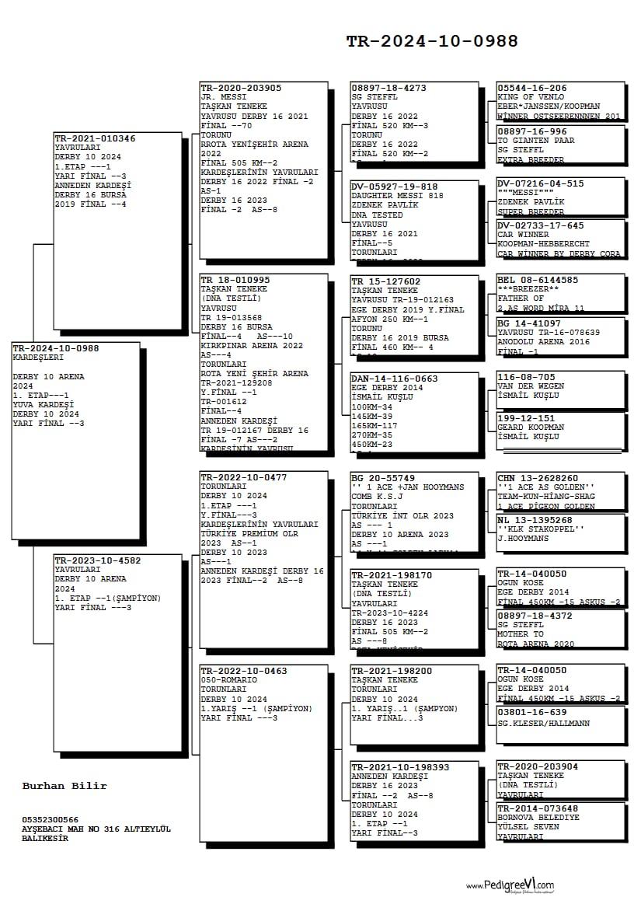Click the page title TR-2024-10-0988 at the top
pos(432,42)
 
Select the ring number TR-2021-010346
pos(95,138)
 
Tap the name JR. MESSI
pos(224,97)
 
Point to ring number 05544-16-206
pos(532,88)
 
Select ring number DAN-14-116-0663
pos(394,379)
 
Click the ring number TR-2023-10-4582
pos(97,560)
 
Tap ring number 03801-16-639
pos(532,712)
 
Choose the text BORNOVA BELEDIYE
pos(538,818)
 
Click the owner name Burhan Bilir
pos(64,786)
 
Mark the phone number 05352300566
pos(51,820)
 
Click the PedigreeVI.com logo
pos(510,885)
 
